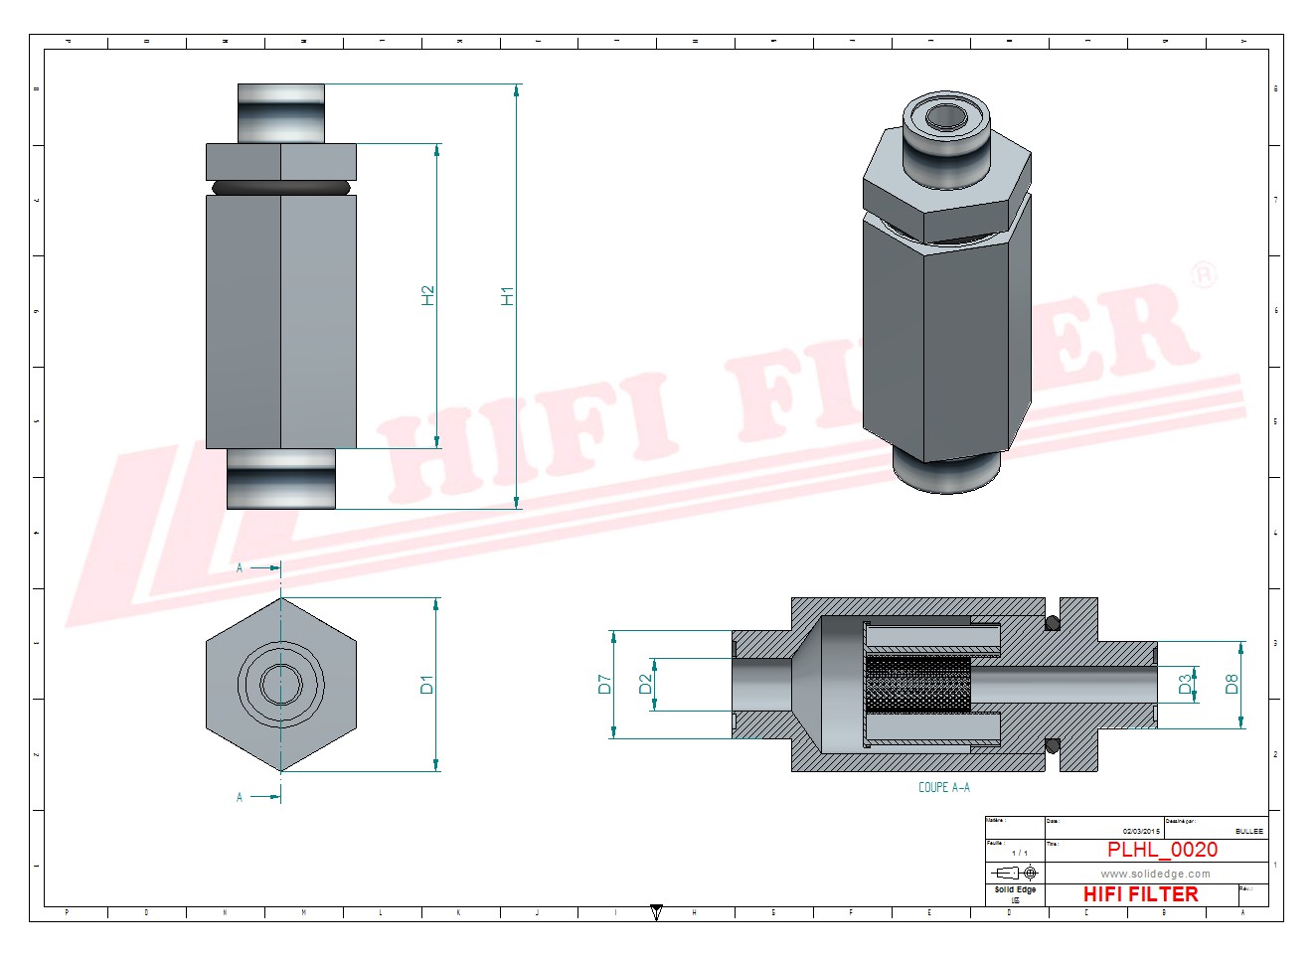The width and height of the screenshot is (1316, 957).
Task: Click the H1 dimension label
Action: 508,295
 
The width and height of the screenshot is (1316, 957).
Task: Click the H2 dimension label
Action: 428,295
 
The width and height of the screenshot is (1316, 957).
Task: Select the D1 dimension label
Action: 427,684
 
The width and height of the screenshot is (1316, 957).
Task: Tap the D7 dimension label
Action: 604,684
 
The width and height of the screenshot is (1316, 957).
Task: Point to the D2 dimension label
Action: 645,684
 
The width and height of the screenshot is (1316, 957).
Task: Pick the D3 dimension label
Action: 1185,684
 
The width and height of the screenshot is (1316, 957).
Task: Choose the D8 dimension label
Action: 1232,684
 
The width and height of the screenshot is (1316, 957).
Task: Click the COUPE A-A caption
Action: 943,787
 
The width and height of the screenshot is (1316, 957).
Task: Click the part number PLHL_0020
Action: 1162,850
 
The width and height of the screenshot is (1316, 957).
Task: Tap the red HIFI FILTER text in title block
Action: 1140,894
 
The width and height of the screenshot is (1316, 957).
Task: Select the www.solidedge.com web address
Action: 1155,875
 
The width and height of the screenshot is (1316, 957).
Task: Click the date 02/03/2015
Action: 1141,831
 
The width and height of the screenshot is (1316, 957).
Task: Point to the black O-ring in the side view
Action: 281,186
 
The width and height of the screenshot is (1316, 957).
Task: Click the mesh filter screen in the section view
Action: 917,684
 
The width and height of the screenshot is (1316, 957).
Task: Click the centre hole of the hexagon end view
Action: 281,684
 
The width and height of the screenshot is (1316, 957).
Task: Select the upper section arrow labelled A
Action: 261,567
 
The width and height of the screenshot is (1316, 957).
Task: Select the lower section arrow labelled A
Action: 261,796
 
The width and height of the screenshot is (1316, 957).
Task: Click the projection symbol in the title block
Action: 1015,873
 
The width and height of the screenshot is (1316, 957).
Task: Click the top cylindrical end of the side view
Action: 281,112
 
